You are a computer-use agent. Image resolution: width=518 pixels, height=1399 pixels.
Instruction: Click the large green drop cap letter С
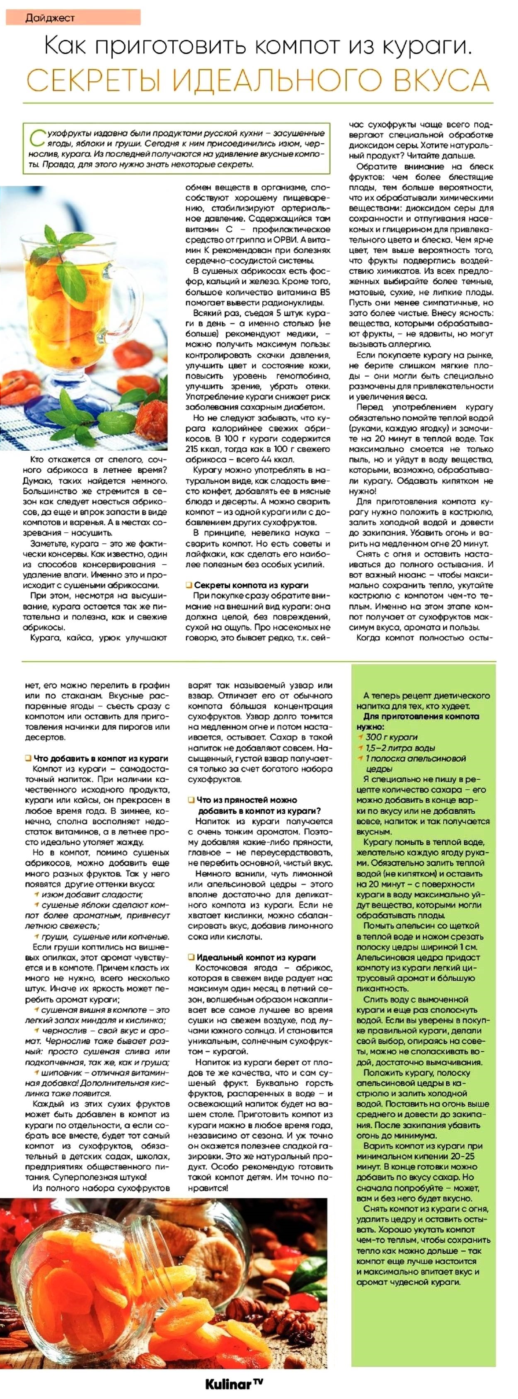[x=36, y=139]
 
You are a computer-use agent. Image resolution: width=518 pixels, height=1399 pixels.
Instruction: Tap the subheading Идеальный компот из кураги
[x=255, y=957]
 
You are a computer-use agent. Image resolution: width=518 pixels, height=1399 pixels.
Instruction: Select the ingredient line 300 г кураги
[x=391, y=737]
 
